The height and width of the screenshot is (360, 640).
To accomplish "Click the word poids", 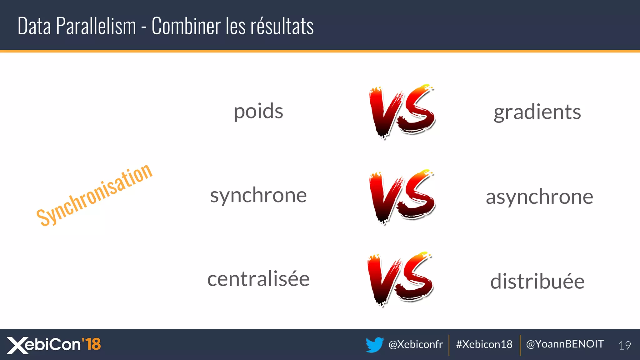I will click(258, 112).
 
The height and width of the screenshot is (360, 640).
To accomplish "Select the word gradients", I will click(537, 112).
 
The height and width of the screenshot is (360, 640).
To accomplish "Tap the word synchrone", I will click(258, 196).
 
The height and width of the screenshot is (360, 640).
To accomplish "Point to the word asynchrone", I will click(539, 197).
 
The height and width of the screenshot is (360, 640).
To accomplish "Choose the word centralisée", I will click(258, 279).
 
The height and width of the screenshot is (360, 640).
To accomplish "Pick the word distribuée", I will click(537, 281).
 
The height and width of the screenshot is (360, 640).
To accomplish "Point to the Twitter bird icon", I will click(375, 345).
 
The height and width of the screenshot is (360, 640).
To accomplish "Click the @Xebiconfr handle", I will click(415, 344).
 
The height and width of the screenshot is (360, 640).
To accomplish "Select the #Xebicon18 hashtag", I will click(484, 344).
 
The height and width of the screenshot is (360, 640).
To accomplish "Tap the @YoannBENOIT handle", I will click(565, 344).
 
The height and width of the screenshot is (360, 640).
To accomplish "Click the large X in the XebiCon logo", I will click(17, 345).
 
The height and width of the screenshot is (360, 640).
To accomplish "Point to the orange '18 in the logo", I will click(91, 344).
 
